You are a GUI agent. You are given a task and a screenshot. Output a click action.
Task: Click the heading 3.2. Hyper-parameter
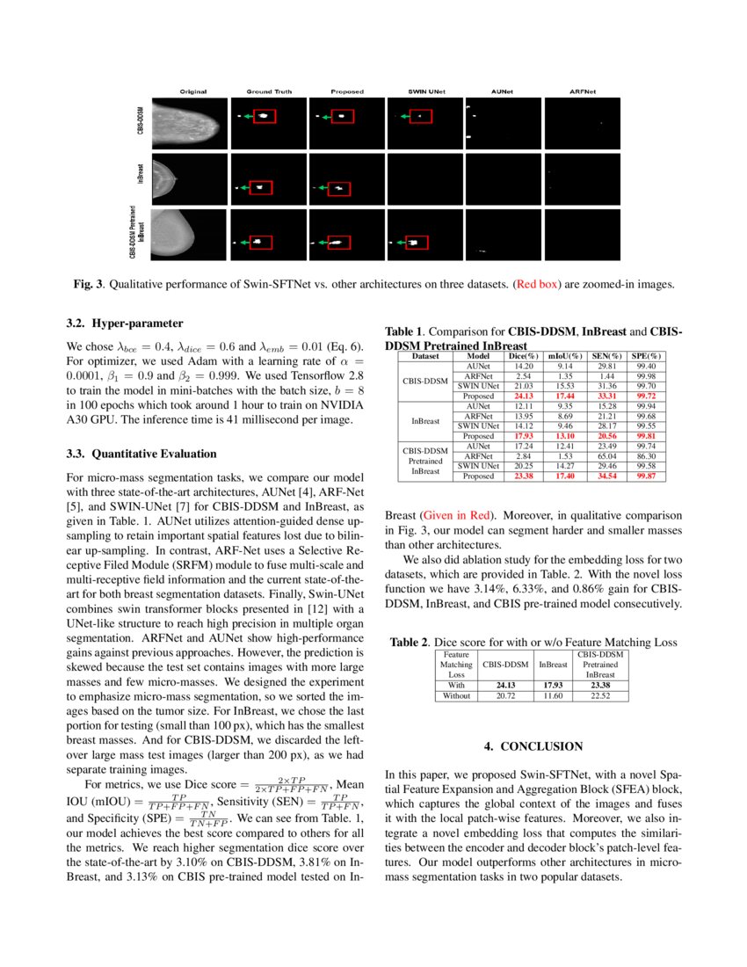click(125, 323)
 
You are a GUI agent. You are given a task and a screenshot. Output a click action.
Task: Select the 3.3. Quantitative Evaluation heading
click(141, 454)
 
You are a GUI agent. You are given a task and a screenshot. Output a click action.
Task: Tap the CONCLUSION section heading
click(533, 746)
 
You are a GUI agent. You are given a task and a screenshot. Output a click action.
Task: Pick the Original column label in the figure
click(193, 91)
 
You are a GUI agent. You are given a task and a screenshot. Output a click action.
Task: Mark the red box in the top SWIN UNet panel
click(421, 116)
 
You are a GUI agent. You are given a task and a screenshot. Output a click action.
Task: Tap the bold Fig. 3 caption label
click(89, 284)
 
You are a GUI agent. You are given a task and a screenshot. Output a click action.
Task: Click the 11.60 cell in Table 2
click(551, 695)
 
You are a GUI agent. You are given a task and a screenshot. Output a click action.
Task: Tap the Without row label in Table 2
click(456, 695)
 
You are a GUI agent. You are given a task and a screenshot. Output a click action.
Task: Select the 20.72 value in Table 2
click(505, 695)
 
